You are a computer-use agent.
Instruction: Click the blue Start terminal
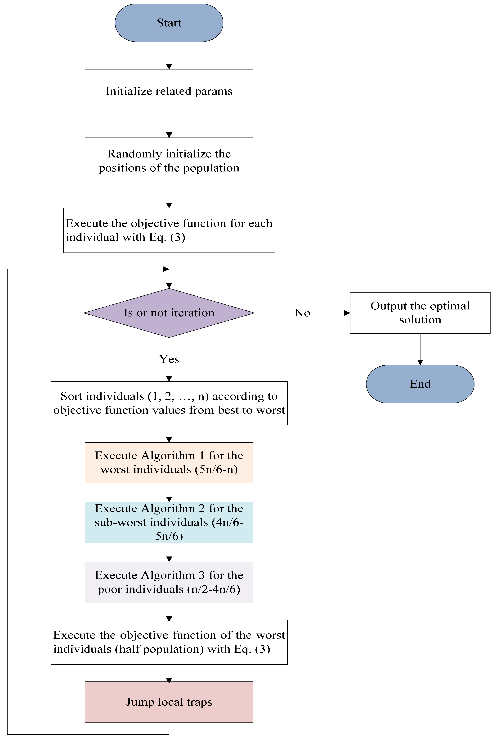(x=169, y=23)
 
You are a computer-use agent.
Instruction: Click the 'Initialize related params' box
(x=169, y=91)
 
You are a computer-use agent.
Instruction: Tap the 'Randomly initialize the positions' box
(x=169, y=161)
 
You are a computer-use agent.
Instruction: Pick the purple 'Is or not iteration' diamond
(x=169, y=313)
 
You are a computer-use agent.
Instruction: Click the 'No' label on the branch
(x=302, y=313)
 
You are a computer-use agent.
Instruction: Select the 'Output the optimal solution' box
(x=420, y=313)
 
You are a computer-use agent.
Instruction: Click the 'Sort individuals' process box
(x=169, y=403)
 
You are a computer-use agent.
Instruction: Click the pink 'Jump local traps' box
(x=169, y=702)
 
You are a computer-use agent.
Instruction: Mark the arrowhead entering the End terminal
(x=420, y=363)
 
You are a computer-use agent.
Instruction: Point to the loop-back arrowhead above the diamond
(x=166, y=269)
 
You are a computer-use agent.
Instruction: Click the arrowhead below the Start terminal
(x=169, y=66)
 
